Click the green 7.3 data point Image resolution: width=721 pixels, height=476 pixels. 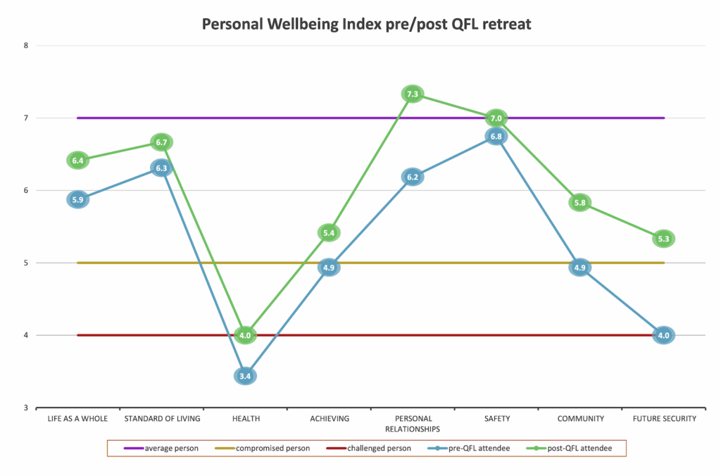click(413, 94)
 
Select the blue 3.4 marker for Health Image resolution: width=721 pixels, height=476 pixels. click(245, 376)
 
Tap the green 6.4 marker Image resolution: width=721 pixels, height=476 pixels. click(77, 161)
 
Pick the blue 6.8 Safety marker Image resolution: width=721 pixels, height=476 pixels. click(496, 137)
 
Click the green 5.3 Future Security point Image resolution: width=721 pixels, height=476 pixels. click(663, 239)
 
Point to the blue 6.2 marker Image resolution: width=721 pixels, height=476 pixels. click(413, 177)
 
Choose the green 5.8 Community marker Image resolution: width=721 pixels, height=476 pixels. click(579, 203)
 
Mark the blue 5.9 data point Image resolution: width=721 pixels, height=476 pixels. click(77, 199)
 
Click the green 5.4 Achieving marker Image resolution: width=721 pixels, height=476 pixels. click(329, 232)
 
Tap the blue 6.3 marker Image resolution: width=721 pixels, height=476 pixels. click(161, 168)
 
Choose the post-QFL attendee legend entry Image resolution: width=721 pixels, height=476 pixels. click(573, 448)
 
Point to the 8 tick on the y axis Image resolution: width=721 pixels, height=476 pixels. click(25, 46)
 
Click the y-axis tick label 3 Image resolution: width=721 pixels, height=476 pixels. click(25, 408)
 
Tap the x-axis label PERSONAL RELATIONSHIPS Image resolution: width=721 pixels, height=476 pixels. click(413, 423)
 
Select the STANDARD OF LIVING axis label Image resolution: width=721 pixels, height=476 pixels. click(162, 419)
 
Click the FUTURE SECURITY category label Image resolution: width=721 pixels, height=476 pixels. click(663, 419)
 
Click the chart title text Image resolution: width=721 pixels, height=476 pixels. click(366, 24)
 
